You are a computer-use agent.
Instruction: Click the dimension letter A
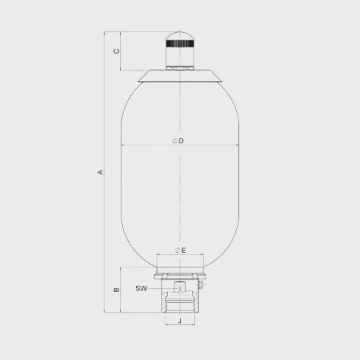pyautogui.click(x=101, y=172)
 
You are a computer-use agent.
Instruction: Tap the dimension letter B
pyautogui.click(x=116, y=290)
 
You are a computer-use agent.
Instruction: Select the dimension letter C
pyautogui.click(x=116, y=51)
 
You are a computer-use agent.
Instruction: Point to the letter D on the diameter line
pyautogui.click(x=181, y=141)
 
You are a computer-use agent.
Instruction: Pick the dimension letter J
pyautogui.click(x=180, y=321)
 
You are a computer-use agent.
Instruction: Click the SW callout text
pyautogui.click(x=141, y=289)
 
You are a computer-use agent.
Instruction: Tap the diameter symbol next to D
pyautogui.click(x=174, y=141)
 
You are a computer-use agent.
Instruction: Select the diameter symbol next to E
pyautogui.click(x=177, y=250)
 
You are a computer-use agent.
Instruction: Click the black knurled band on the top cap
pyautogui.click(x=180, y=44)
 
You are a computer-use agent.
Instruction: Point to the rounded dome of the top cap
pyautogui.click(x=180, y=36)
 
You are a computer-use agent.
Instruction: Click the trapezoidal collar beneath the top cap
pyautogui.click(x=180, y=76)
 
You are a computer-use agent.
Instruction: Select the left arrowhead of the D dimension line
pyautogui.click(x=123, y=145)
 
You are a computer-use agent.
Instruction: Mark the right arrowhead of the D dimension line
pyautogui.click(x=237, y=145)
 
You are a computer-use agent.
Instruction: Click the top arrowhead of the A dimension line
pyautogui.click(x=104, y=33)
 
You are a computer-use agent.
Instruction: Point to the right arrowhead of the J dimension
pyautogui.click(x=193, y=325)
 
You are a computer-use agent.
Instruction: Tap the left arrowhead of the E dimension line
pyautogui.click(x=158, y=254)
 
